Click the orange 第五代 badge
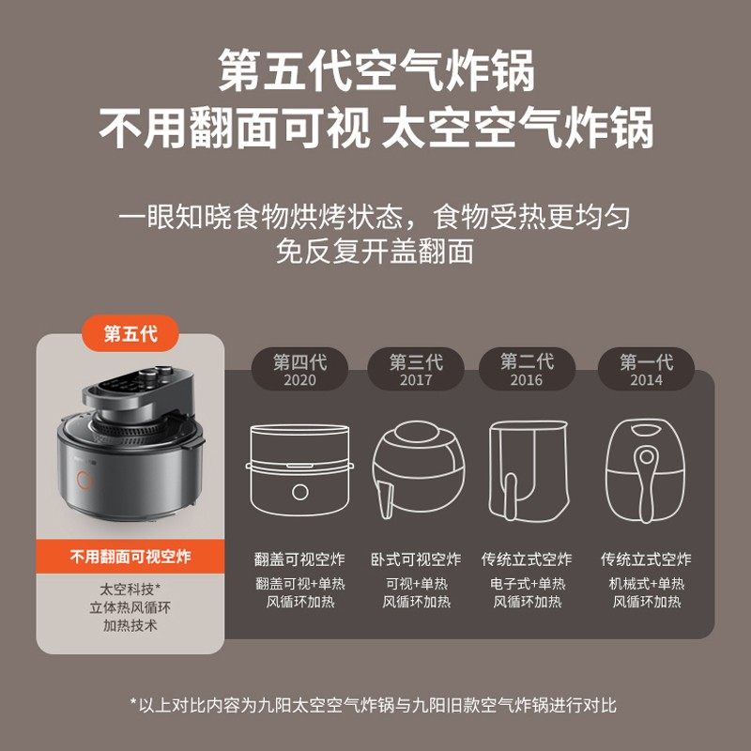tap(130, 333)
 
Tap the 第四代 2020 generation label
tap(299, 369)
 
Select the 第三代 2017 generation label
tap(416, 369)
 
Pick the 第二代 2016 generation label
tap(527, 369)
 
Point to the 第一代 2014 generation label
tap(646, 369)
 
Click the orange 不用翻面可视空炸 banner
tap(130, 557)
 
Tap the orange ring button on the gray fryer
tap(84, 480)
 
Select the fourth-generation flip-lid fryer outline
tap(299, 469)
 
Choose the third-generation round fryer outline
tap(418, 469)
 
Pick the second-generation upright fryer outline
tap(529, 470)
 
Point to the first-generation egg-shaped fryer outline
tap(646, 470)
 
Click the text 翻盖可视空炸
tap(299, 559)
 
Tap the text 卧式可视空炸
tap(416, 559)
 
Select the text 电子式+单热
tap(528, 583)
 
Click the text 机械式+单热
tap(647, 583)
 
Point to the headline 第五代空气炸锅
tap(376, 70)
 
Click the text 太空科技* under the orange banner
tap(130, 589)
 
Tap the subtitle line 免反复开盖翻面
tap(375, 251)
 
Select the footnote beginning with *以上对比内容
tap(373, 705)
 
